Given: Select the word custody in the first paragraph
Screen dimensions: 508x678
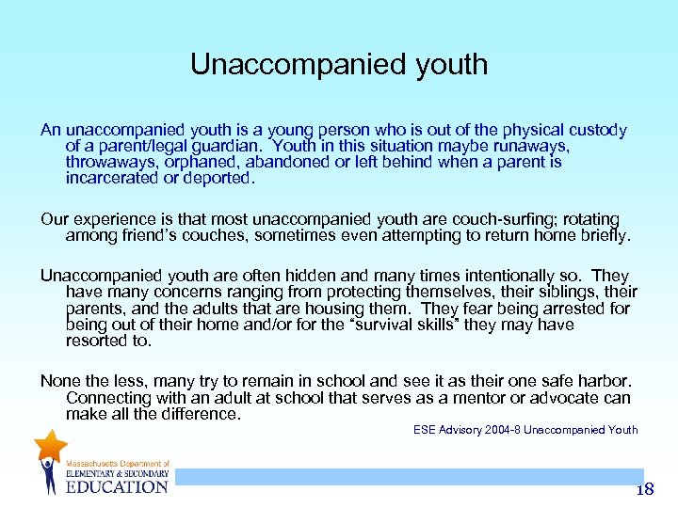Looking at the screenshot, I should click(595, 131).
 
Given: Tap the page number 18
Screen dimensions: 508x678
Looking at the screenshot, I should click(644, 489).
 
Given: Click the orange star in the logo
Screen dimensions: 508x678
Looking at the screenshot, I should click(50, 446).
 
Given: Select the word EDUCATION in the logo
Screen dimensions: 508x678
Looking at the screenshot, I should click(117, 486).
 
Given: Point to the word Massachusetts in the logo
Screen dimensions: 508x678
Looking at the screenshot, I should click(94, 464).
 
